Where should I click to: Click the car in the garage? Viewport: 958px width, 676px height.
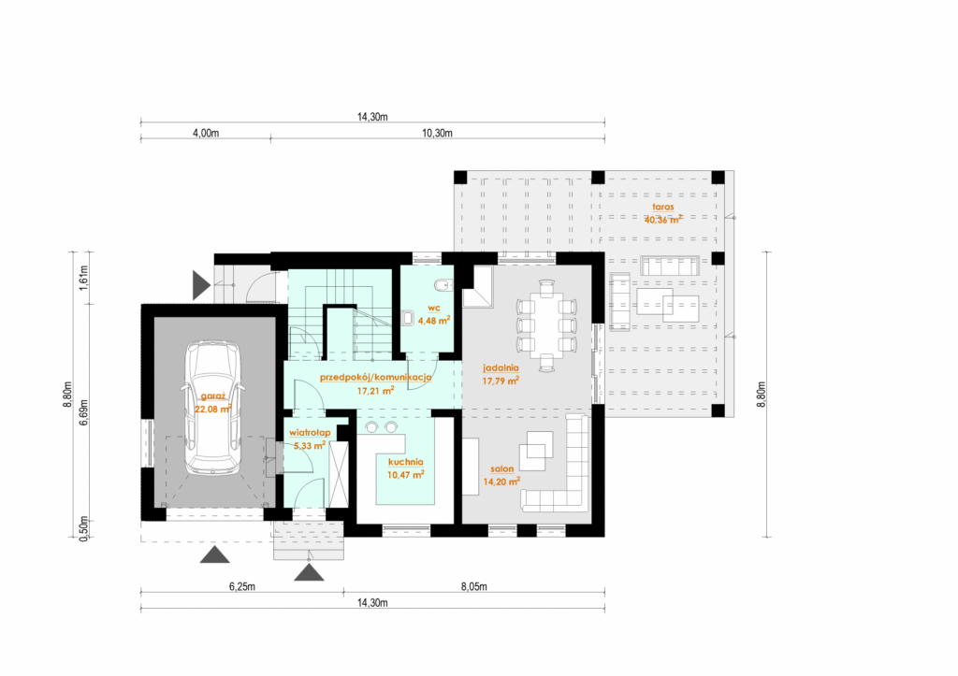tap(214, 408)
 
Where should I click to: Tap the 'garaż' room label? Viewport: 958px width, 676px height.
tap(213, 396)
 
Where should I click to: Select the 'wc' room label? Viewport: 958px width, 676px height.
tap(434, 308)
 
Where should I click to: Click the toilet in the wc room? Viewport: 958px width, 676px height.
tap(443, 285)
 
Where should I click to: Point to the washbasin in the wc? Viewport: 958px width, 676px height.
tap(408, 318)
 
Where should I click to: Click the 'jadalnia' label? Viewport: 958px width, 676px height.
tap(501, 367)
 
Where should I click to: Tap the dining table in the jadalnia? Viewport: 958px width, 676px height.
tap(546, 324)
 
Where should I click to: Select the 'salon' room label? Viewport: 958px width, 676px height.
tap(502, 469)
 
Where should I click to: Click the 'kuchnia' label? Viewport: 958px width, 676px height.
tap(406, 462)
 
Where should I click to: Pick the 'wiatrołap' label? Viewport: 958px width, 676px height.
tap(311, 432)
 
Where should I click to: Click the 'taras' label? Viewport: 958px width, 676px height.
tap(663, 207)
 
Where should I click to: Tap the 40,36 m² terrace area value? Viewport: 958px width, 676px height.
tap(663, 219)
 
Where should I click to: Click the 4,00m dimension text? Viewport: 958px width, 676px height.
tap(206, 133)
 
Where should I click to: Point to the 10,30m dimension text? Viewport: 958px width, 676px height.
tap(438, 133)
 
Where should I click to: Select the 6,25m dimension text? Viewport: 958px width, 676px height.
tap(242, 587)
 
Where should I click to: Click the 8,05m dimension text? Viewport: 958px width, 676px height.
tap(474, 587)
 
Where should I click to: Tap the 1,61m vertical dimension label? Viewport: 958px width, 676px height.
tap(84, 278)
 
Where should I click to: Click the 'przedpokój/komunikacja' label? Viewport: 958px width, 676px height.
tap(376, 378)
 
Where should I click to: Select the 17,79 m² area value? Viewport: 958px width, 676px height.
tap(501, 381)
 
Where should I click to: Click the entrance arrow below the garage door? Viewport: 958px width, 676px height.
tap(214, 554)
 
